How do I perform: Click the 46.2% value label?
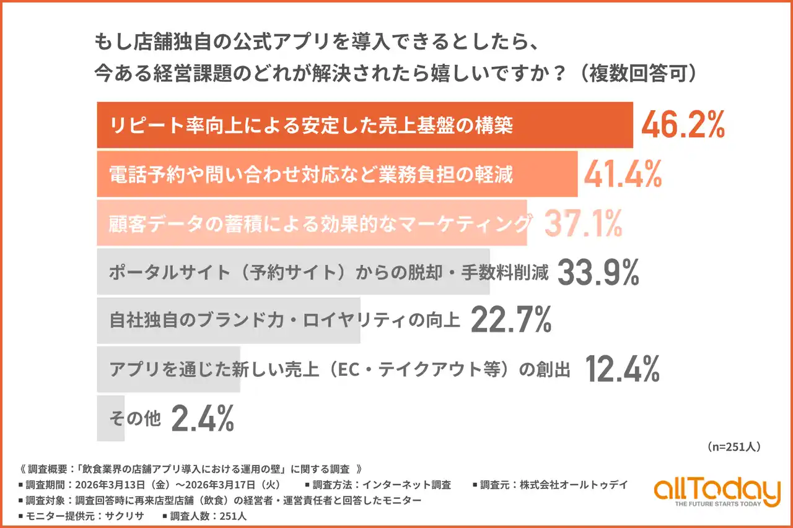(683, 126)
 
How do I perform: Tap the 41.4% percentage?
(623, 175)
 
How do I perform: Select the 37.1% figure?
(583, 223)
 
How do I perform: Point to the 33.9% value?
(598, 272)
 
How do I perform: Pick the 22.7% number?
(511, 321)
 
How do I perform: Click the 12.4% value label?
(622, 370)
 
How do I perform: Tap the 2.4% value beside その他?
(203, 418)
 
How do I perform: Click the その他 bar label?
(134, 419)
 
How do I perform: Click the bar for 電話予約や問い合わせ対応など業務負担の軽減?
(337, 175)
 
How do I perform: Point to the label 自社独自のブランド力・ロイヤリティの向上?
(285, 321)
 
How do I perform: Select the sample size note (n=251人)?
(733, 446)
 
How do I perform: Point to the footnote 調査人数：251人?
(204, 516)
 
